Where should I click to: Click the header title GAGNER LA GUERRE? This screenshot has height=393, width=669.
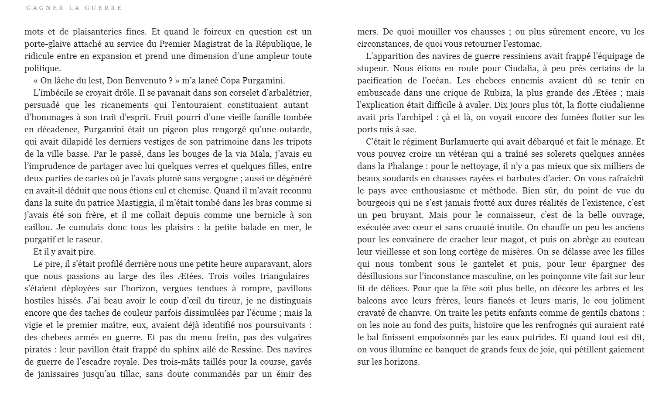coord(74,8)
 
